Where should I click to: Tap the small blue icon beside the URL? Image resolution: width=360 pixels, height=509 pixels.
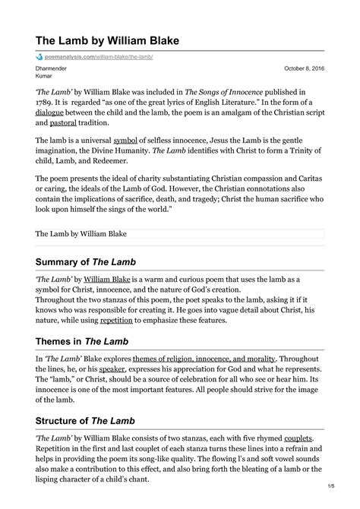pos(39,57)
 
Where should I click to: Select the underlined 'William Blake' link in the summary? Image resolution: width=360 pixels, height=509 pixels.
pos(107,279)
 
